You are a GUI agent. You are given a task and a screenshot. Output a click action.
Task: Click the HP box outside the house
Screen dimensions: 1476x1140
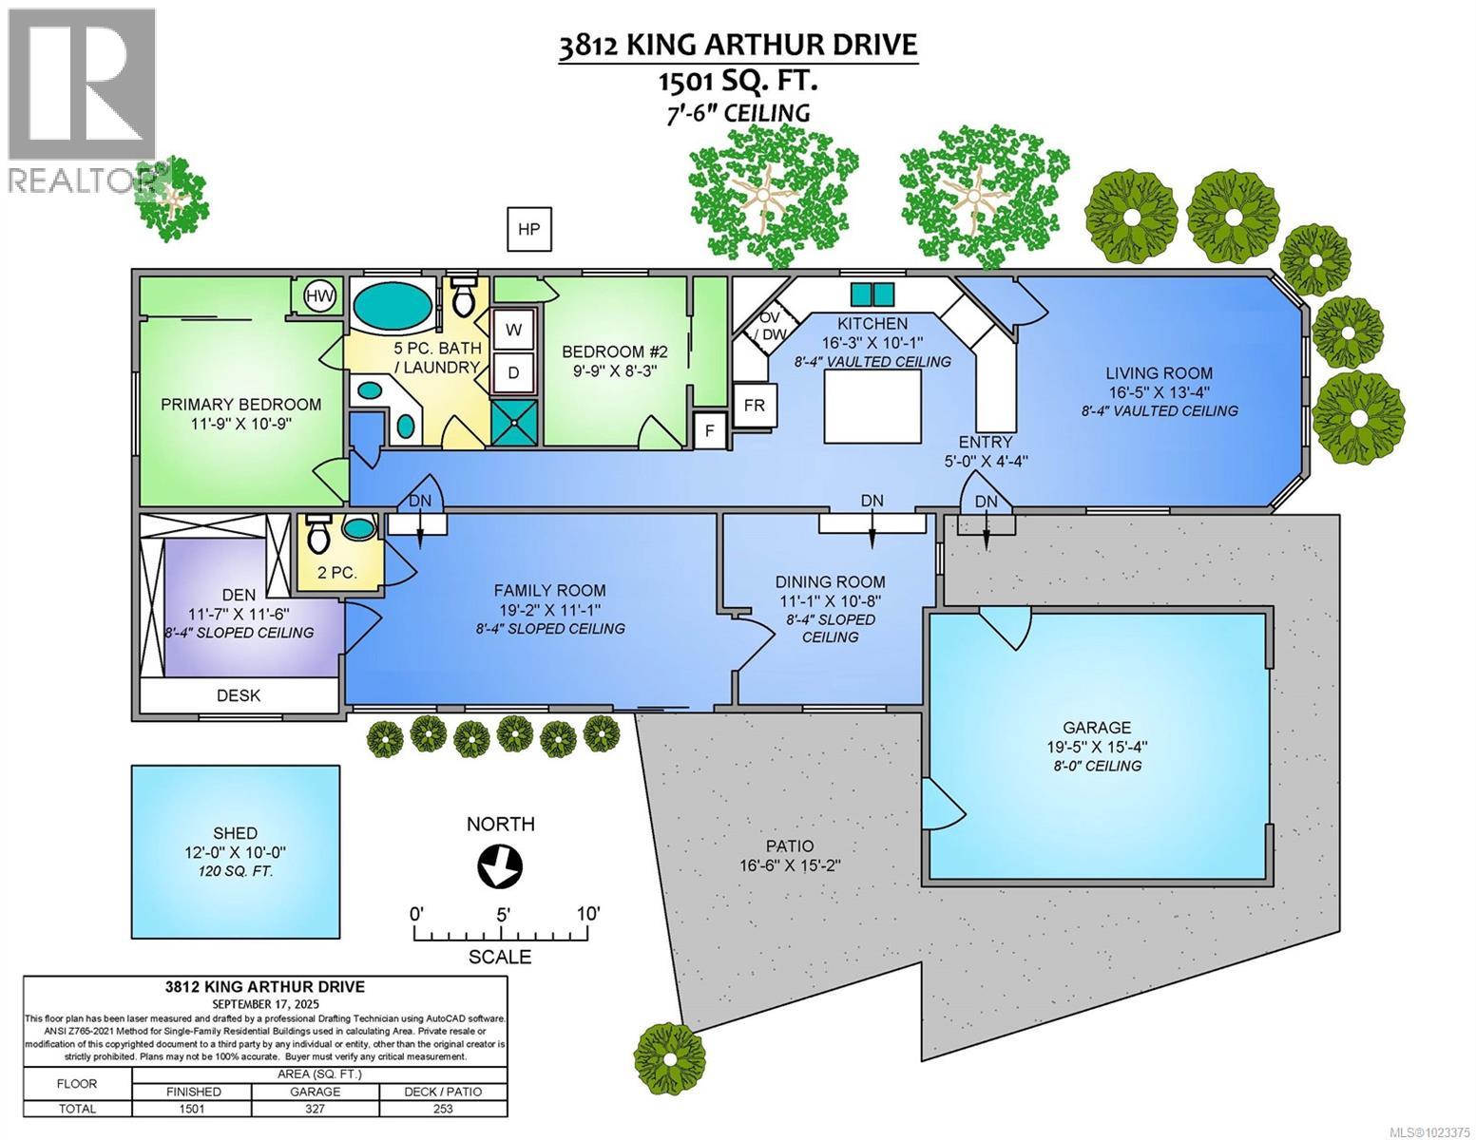click(x=529, y=229)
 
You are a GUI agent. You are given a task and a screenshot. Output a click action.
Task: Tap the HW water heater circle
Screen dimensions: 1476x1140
click(x=320, y=296)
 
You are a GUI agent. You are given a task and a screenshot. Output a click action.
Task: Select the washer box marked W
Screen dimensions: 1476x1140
click(x=513, y=330)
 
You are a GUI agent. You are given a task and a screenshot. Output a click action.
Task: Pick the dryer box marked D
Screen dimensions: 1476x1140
click(x=513, y=372)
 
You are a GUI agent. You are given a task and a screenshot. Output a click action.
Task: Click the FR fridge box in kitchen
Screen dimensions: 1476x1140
click(x=754, y=406)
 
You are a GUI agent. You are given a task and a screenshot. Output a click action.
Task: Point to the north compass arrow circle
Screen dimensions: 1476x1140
click(x=500, y=866)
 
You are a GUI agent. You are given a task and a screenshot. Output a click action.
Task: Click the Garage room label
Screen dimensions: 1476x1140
click(x=1096, y=727)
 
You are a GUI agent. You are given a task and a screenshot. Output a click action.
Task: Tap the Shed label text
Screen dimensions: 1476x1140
click(x=235, y=832)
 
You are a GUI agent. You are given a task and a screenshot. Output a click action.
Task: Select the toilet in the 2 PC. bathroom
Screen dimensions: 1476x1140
click(x=317, y=534)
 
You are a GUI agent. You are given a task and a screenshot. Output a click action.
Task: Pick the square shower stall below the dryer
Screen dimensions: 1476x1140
click(x=514, y=423)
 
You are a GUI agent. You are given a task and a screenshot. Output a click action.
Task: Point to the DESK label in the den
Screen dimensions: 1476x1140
click(x=239, y=695)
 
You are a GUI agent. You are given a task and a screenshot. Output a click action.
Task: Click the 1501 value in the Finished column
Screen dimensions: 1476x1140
click(x=192, y=1109)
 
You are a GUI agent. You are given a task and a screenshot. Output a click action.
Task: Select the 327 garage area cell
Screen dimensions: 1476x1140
click(x=316, y=1109)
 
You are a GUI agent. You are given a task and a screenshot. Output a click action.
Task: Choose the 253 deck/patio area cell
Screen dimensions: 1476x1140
click(x=443, y=1109)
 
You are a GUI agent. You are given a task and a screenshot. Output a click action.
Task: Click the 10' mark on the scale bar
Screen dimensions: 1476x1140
click(x=588, y=914)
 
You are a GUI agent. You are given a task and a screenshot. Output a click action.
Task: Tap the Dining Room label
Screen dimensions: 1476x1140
click(x=830, y=582)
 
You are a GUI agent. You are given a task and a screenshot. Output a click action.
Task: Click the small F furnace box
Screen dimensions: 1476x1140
click(x=710, y=430)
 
